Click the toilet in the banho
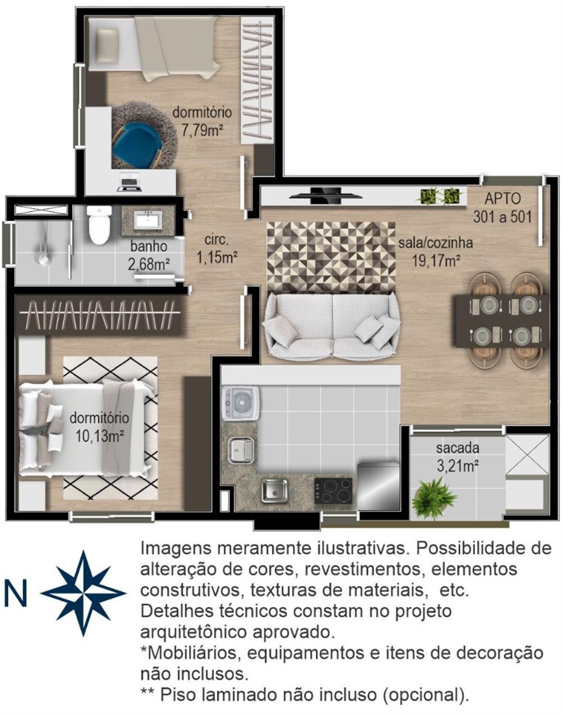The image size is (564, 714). point(99,225)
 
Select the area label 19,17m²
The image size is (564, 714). point(436,261)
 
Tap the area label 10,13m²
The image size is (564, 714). point(99,436)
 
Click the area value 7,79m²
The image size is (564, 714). point(202,130)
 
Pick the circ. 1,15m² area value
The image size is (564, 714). point(217,257)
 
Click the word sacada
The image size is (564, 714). point(457,448)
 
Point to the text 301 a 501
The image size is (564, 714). point(502,217)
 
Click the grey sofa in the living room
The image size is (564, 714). point(332,326)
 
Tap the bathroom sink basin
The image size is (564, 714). point(148,219)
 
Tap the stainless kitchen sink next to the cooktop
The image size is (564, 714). point(274,490)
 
